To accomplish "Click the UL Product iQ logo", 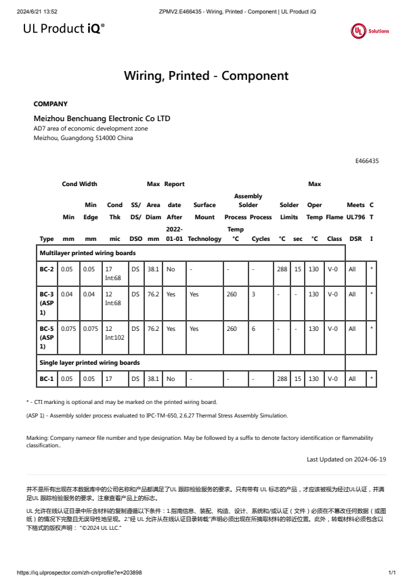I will (x=64, y=28).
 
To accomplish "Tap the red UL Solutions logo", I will (x=370, y=31).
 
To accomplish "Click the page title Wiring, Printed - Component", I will (x=206, y=76).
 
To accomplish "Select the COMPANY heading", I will (x=51, y=104).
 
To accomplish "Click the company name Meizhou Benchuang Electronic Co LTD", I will (x=102, y=118).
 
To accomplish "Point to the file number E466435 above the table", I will (x=366, y=161).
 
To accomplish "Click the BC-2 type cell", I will (x=47, y=269).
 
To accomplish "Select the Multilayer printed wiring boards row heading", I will (x=87, y=252).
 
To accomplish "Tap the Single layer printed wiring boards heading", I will (x=89, y=363).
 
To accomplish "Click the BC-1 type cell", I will (x=47, y=380).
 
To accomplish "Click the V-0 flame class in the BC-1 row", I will (x=332, y=380).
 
